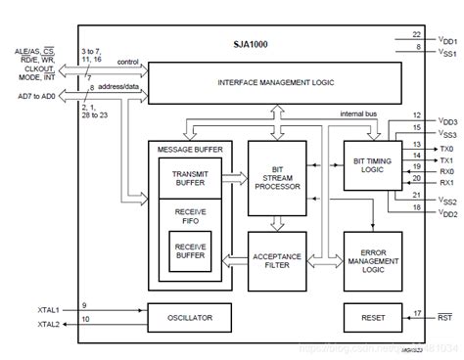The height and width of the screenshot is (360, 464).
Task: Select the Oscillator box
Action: (x=189, y=318)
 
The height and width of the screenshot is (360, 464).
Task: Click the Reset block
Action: (x=372, y=318)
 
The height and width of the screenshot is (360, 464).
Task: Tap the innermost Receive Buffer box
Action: (x=189, y=251)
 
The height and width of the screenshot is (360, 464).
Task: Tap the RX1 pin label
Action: (x=446, y=182)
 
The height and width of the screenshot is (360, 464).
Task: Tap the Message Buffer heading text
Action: (x=189, y=148)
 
